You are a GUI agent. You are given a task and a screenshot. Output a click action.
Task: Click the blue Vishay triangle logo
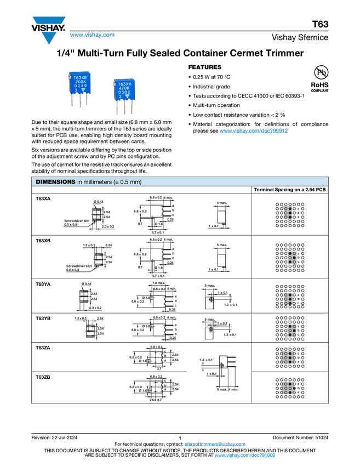point(49,38)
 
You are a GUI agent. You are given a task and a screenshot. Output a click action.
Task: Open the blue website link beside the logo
point(92,36)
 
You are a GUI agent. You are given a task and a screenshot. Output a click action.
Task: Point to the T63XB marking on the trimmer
point(81,78)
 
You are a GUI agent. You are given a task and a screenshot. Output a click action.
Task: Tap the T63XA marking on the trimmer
point(124,84)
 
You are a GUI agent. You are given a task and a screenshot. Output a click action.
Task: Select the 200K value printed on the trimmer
point(81,83)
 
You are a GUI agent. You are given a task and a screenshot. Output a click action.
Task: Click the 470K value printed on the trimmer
point(124,88)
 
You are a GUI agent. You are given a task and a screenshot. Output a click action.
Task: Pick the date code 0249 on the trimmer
point(81,87)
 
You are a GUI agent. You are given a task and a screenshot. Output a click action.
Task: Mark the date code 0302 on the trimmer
point(124,93)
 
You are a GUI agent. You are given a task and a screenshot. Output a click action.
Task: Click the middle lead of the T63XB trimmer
point(81,102)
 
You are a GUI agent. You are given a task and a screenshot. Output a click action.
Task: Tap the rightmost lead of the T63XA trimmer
point(132,108)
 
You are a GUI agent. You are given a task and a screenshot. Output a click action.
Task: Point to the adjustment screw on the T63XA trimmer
point(114,84)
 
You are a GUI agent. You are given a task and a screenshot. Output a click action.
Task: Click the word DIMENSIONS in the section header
point(55,181)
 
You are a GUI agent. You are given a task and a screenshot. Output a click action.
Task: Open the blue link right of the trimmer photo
point(254,130)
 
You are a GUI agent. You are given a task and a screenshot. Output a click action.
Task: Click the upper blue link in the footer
point(215,444)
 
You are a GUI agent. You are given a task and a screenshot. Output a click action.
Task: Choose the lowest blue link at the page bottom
point(244,456)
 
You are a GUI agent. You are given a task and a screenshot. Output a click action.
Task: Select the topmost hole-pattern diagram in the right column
point(290,214)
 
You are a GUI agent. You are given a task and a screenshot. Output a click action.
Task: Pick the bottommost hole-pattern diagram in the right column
point(290,388)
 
